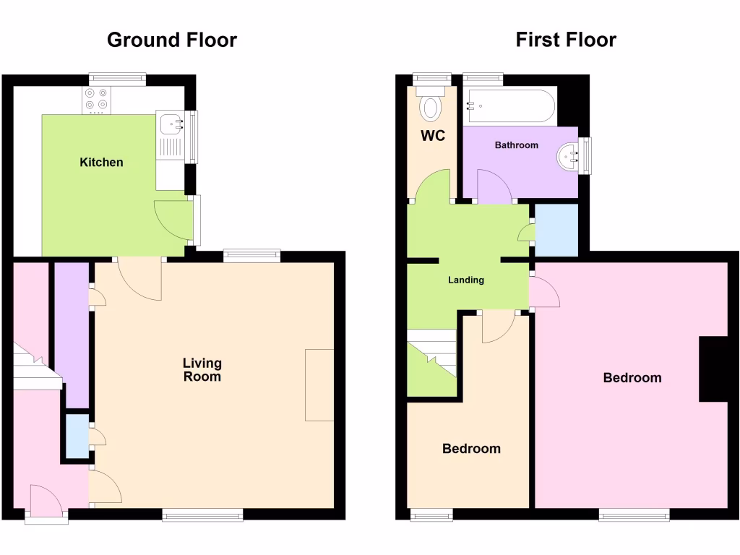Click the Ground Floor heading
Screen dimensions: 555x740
tap(171, 40)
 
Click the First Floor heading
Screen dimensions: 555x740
tap(565, 40)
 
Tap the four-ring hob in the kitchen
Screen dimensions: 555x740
tap(97, 100)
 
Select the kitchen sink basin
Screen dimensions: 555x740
tap(171, 124)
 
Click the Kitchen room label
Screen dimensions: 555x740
tap(101, 163)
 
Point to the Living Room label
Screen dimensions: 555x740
tap(202, 370)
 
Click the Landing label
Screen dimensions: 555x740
tap(466, 280)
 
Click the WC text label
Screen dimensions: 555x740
tap(433, 136)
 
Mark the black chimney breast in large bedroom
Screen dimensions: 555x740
tap(713, 369)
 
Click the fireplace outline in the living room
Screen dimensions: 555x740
tap(319, 384)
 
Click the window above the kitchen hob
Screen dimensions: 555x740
tap(118, 79)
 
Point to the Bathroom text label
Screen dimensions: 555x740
tap(516, 145)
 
